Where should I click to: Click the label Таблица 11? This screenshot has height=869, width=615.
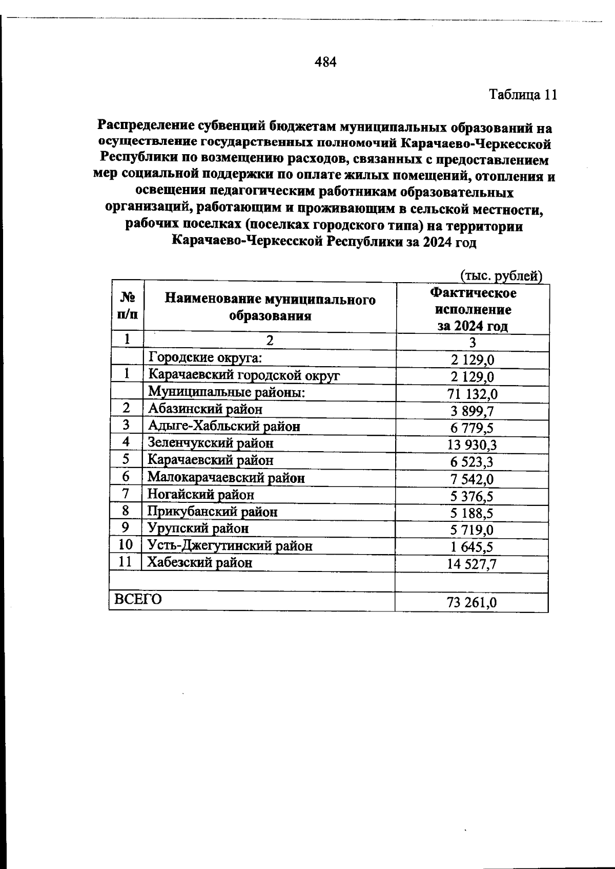coord(522,95)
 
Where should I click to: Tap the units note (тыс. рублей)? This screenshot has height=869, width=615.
coord(501,276)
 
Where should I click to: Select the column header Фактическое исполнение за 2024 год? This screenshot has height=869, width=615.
coord(473,309)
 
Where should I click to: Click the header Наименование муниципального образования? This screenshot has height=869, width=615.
coord(270,307)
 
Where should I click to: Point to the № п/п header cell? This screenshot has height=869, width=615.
coord(127,306)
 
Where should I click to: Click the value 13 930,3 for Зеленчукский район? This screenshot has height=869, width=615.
coord(472,444)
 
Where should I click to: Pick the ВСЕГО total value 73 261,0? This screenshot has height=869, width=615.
coord(471,603)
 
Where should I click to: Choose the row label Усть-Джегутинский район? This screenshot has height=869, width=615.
coord(230,546)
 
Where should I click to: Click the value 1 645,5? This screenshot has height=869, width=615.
coord(472,547)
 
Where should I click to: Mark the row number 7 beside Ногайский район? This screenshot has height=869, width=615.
coord(127,494)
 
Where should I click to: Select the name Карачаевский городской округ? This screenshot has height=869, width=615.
coord(244,375)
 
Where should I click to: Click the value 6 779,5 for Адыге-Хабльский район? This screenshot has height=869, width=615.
coord(472,428)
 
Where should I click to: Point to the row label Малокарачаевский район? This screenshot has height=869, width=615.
coord(226,478)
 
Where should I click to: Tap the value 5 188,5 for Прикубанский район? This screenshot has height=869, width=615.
coord(472,513)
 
